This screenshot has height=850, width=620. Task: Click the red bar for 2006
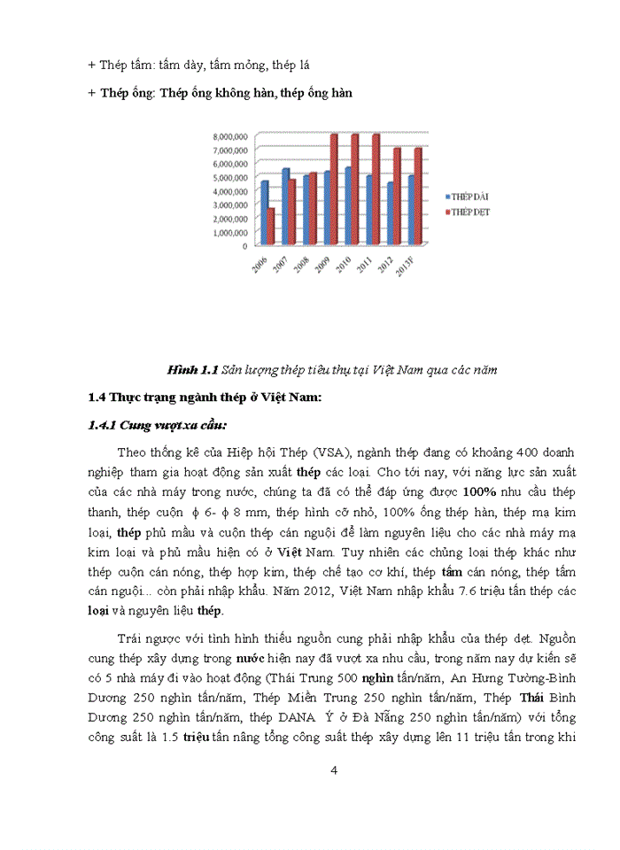271,227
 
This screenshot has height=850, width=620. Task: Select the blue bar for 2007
285,206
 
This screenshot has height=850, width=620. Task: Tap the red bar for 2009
334,189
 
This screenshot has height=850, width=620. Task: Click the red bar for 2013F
417,197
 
